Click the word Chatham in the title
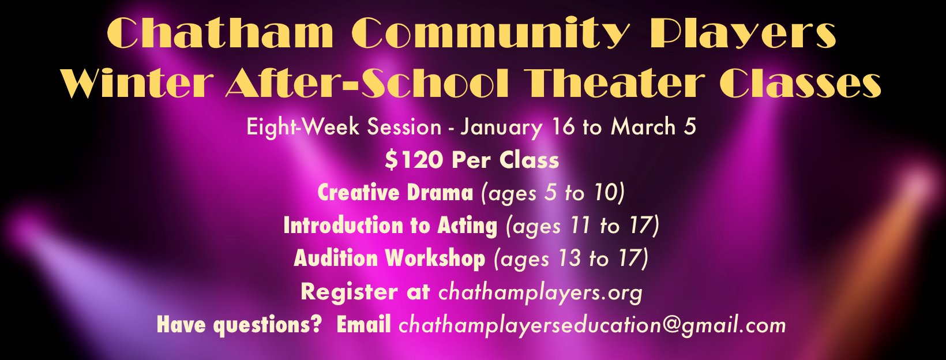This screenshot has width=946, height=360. (220, 32)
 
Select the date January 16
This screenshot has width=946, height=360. (518, 127)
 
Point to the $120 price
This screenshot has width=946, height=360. (414, 160)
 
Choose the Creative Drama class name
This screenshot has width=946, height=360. (395, 193)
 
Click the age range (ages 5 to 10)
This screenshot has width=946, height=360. (553, 193)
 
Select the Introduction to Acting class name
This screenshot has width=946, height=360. (390, 225)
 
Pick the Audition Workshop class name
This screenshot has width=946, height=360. (389, 258)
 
